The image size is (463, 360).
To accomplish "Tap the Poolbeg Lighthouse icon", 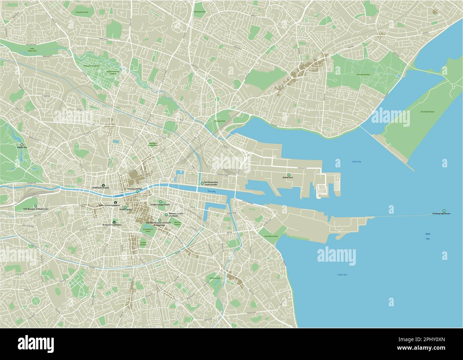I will [444, 210].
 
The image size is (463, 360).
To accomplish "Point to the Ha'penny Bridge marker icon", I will [137, 192].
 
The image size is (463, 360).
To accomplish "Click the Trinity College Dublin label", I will [160, 205].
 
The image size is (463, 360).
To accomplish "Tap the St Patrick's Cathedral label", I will [112, 225].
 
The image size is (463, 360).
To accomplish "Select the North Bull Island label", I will [427, 112].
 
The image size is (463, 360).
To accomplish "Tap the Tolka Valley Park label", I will [32, 50].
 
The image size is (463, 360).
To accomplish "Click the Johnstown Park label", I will [82, 12].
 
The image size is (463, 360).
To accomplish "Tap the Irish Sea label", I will [428, 236].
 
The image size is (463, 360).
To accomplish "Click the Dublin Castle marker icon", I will [125, 207].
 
